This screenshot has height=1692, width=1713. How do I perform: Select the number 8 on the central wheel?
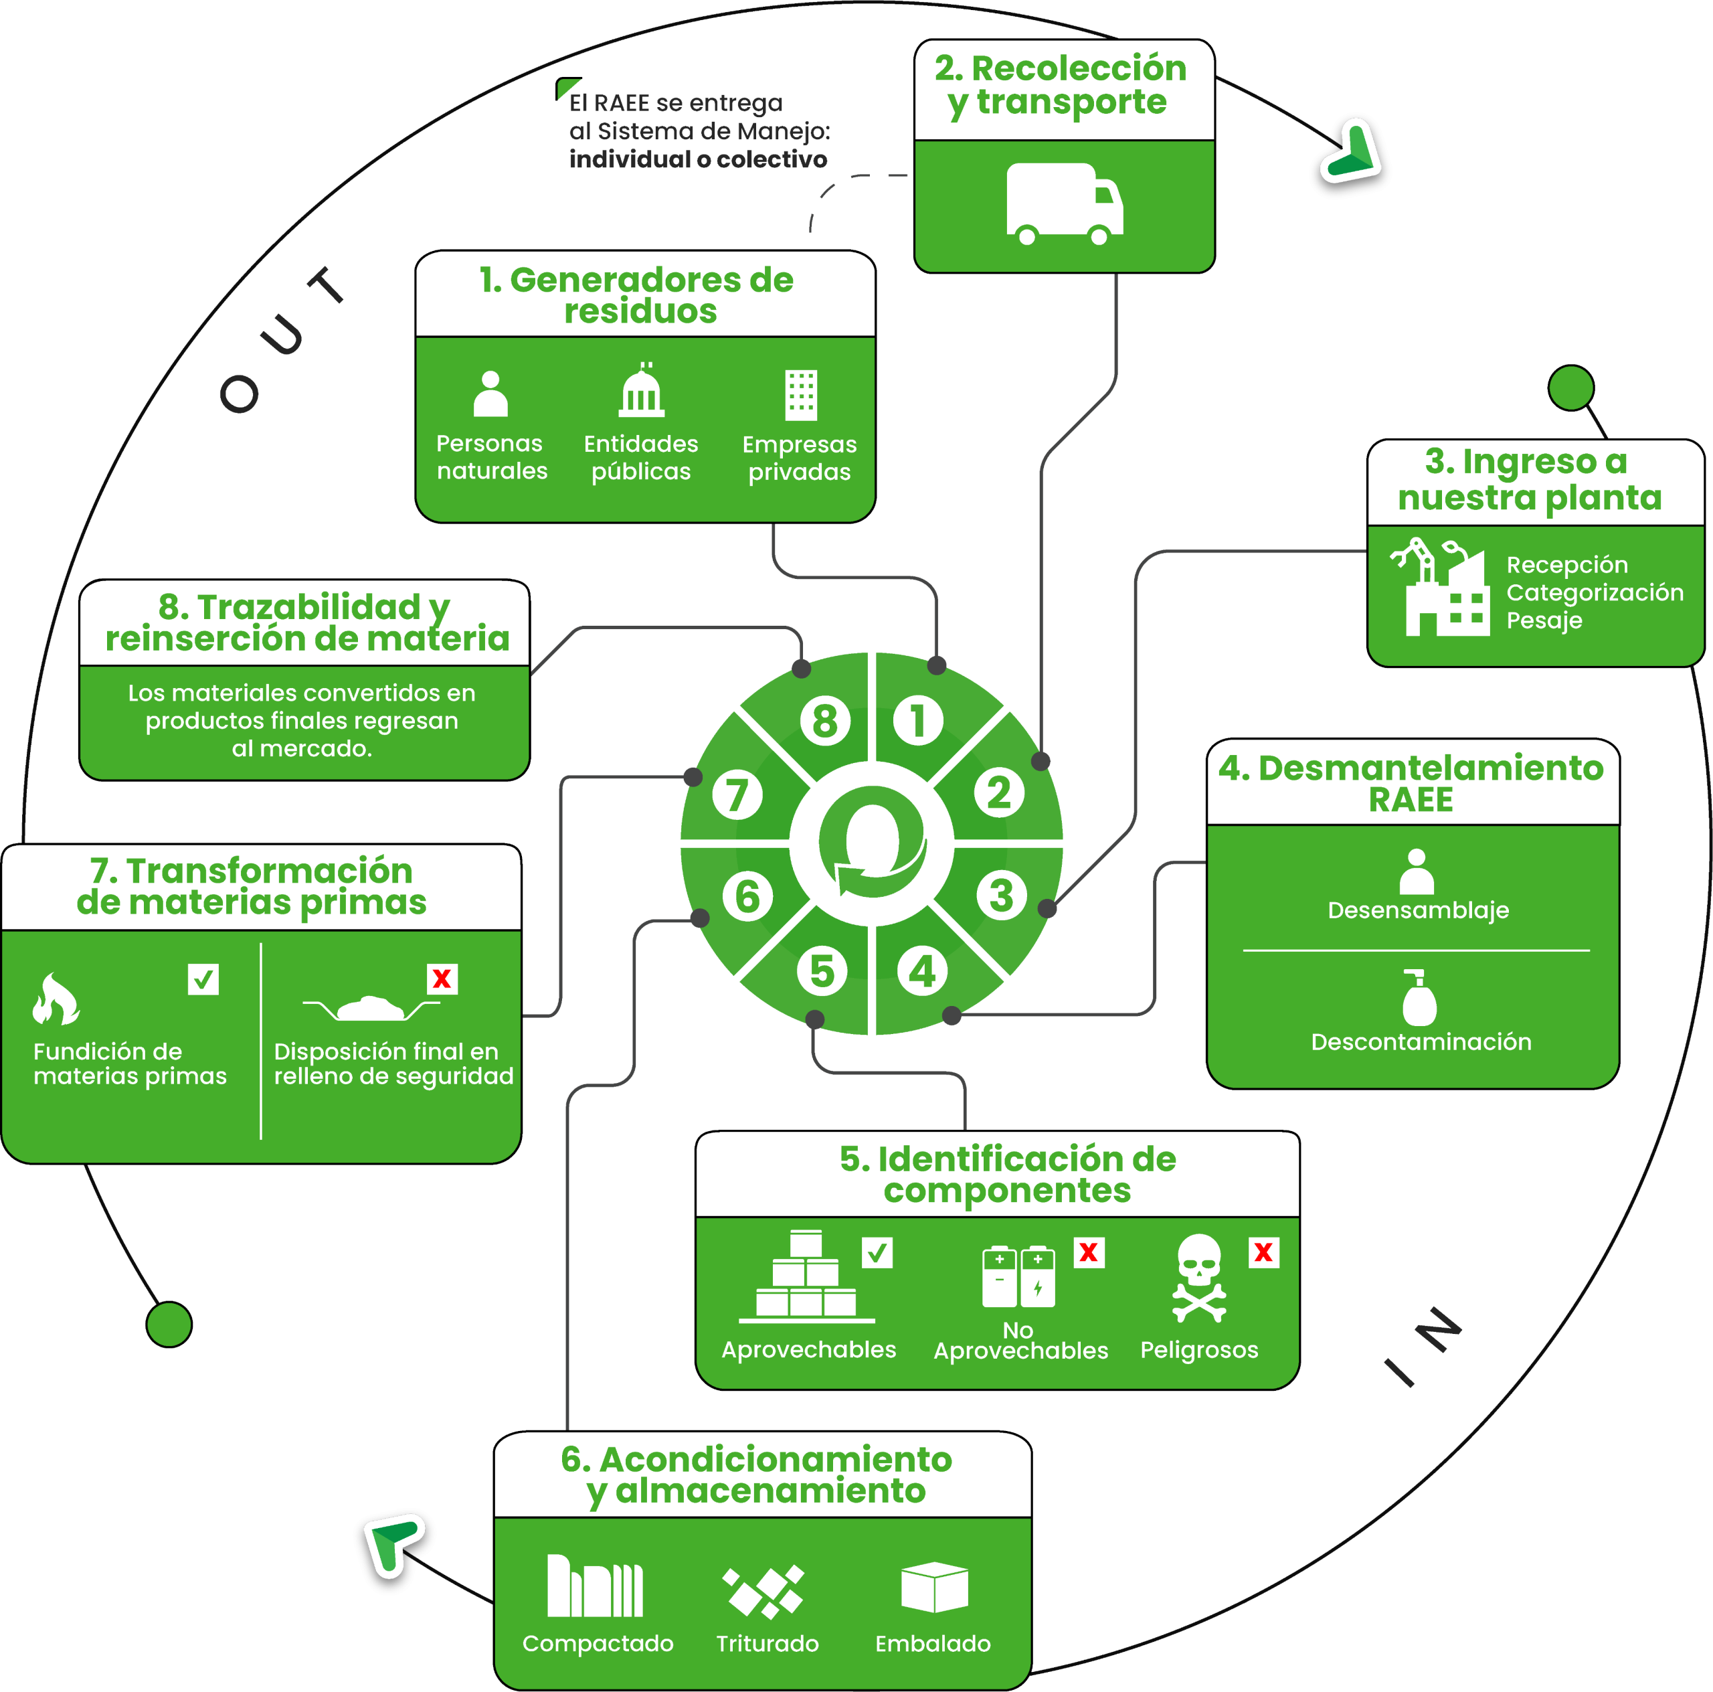click(824, 720)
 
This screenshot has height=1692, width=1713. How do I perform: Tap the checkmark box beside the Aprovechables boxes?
click(877, 1252)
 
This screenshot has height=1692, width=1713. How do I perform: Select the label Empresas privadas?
click(799, 458)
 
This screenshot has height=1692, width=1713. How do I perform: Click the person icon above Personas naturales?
click(490, 394)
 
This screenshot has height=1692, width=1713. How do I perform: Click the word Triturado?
click(767, 1643)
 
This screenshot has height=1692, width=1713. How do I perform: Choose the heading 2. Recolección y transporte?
click(1061, 85)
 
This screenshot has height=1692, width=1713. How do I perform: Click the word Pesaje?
click(1544, 620)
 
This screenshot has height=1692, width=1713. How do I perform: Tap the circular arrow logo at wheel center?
click(873, 843)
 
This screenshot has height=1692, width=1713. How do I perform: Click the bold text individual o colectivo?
click(698, 159)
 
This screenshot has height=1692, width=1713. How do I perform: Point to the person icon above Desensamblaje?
click(1416, 871)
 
